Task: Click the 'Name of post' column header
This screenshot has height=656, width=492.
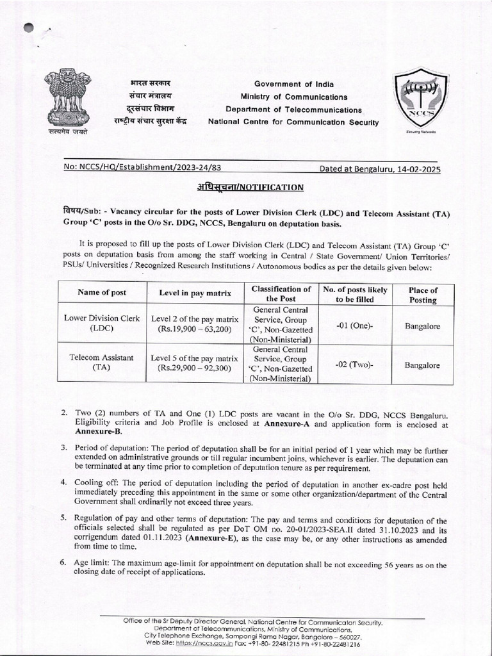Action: pos(102,293)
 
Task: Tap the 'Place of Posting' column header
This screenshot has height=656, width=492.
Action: pos(422,295)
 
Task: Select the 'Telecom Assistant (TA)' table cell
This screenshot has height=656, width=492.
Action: pos(102,363)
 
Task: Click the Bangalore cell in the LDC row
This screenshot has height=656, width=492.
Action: pos(422,325)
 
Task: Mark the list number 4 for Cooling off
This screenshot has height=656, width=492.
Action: pos(63,481)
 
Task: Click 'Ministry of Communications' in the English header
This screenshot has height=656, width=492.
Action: pos(294,97)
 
